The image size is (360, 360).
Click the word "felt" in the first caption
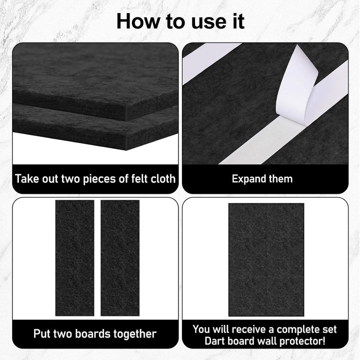coord(140,179)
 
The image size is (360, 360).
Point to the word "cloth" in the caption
coord(163,179)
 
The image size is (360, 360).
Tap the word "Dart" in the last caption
coord(214,341)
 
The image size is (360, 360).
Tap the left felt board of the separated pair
coord(74,258)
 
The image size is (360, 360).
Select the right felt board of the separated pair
coord(120,258)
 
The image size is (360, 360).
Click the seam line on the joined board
coord(266,260)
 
